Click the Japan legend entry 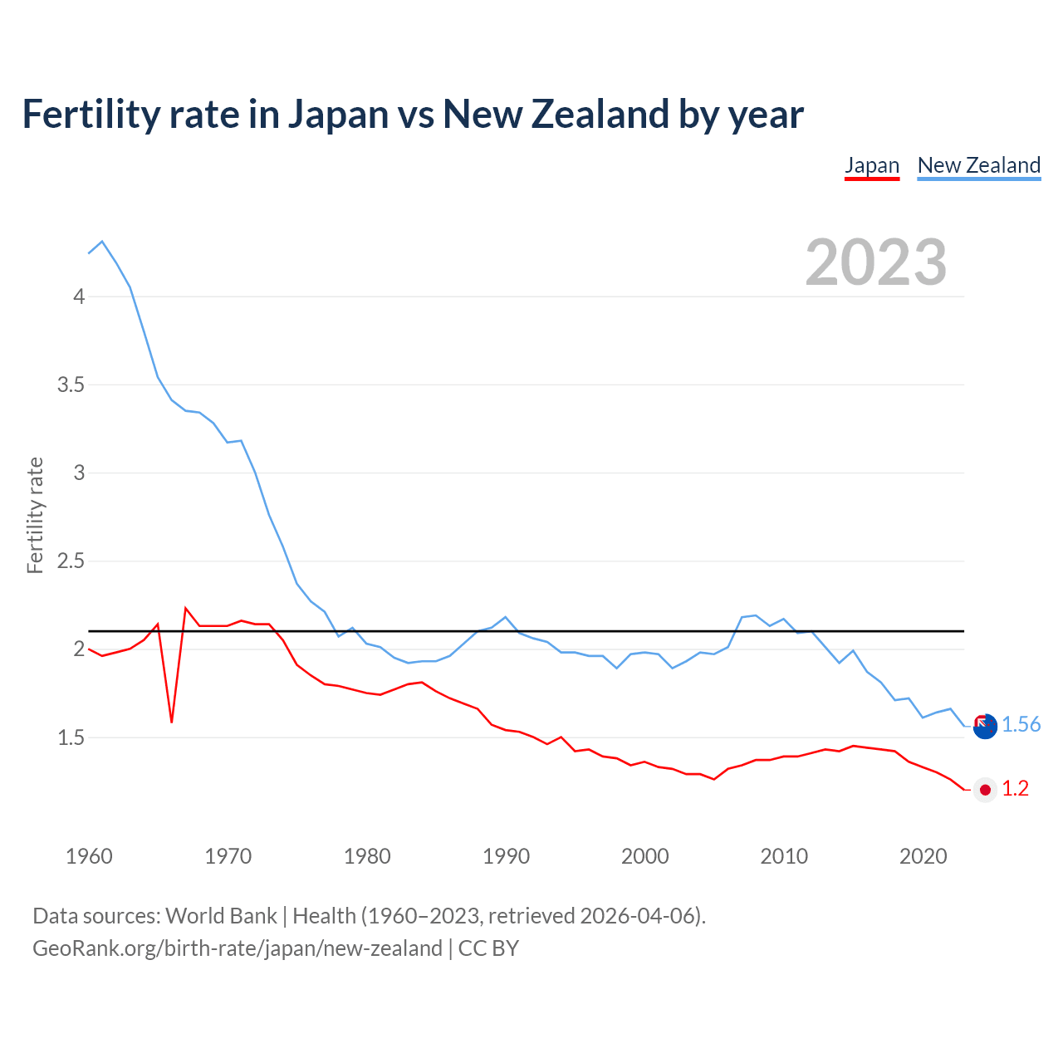click(872, 165)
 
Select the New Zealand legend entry click(978, 165)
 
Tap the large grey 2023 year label click(876, 262)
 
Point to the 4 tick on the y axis click(79, 296)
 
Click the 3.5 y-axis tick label click(71, 385)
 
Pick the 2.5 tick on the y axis click(71, 561)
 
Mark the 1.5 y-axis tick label click(71, 737)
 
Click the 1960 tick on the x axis click(89, 856)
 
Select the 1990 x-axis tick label click(506, 856)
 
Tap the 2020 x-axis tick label click(923, 856)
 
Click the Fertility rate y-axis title click(35, 515)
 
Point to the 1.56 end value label click(1021, 725)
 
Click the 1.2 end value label click(1015, 789)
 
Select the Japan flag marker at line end click(985, 790)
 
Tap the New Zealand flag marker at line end click(985, 727)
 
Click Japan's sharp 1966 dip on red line click(172, 721)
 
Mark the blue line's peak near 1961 click(102, 242)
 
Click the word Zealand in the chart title click(600, 114)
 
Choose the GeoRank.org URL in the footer click(237, 948)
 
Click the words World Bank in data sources click(221, 916)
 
